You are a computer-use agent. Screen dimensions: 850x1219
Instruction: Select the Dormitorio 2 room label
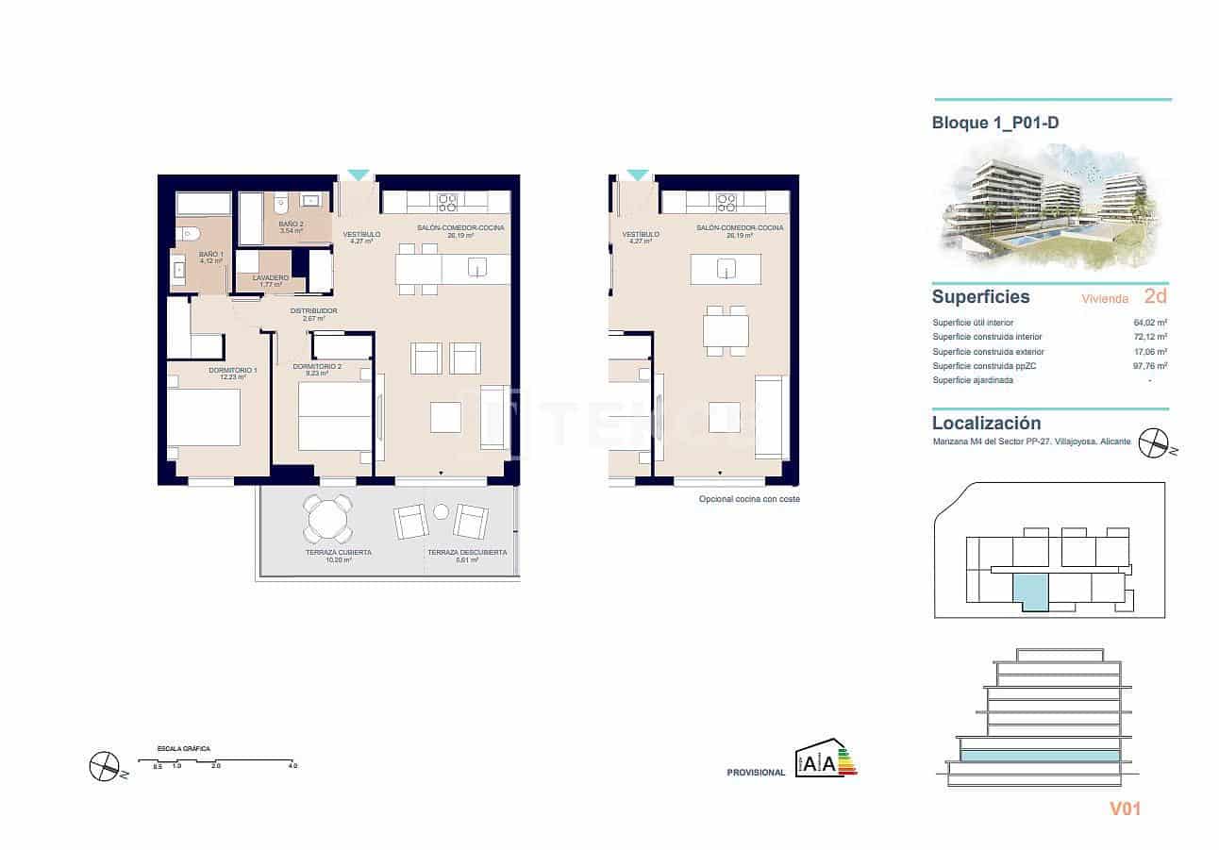[316, 367]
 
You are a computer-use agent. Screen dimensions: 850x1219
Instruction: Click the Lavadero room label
[270, 278]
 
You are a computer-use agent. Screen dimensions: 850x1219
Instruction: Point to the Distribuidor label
[313, 311]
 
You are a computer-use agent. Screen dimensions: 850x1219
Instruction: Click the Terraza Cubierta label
[338, 553]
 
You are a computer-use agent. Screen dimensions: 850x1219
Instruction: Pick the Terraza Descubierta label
[467, 553]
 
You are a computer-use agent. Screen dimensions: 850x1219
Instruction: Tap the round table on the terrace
[327, 518]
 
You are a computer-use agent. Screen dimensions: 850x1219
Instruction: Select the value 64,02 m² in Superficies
[1149, 323]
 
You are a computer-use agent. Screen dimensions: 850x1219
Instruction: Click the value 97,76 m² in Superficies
[1149, 366]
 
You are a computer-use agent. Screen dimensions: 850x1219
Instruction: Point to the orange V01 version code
[1126, 808]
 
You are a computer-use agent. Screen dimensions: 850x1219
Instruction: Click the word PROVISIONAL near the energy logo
[756, 773]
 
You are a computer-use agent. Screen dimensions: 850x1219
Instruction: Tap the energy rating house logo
[827, 758]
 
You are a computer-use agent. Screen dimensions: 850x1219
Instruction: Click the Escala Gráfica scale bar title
[184, 749]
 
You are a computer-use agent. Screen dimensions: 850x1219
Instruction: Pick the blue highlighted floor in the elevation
[1040, 755]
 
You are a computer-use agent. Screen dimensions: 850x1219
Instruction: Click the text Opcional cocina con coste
[748, 499]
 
